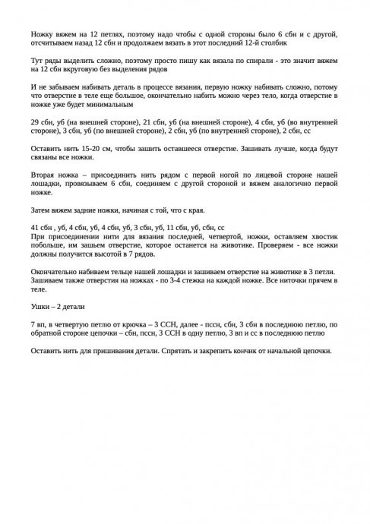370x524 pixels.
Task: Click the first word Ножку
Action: (x=43, y=34)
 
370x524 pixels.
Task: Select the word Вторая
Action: (x=44, y=175)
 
